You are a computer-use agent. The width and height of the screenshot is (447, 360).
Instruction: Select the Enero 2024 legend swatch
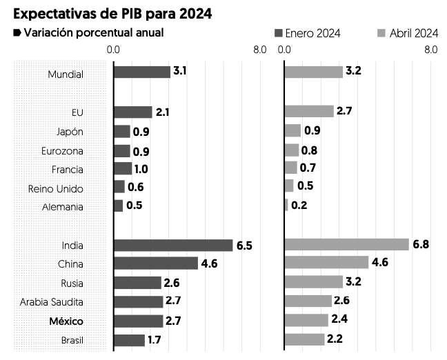[279, 33]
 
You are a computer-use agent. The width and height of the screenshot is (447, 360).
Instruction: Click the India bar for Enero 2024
[173, 246]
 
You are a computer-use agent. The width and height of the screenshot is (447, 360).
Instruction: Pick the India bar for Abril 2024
[347, 245]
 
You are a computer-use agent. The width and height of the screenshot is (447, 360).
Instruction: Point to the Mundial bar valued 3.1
[141, 72]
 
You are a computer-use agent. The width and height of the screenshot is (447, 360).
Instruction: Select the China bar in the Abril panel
[327, 262]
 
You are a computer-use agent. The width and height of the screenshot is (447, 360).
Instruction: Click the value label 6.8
[421, 245]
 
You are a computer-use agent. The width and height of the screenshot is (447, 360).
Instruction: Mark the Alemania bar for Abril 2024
[286, 205]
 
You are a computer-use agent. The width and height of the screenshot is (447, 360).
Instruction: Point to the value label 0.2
[299, 206]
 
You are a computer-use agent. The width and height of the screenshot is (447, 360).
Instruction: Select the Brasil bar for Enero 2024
[129, 340]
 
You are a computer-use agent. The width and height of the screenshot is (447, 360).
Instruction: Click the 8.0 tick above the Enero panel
[259, 50]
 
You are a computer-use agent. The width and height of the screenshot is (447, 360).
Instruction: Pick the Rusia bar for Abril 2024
[314, 281]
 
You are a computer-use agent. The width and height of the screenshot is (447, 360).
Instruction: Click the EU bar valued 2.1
[132, 112]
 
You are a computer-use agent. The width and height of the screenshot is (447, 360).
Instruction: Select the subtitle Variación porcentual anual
[94, 33]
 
